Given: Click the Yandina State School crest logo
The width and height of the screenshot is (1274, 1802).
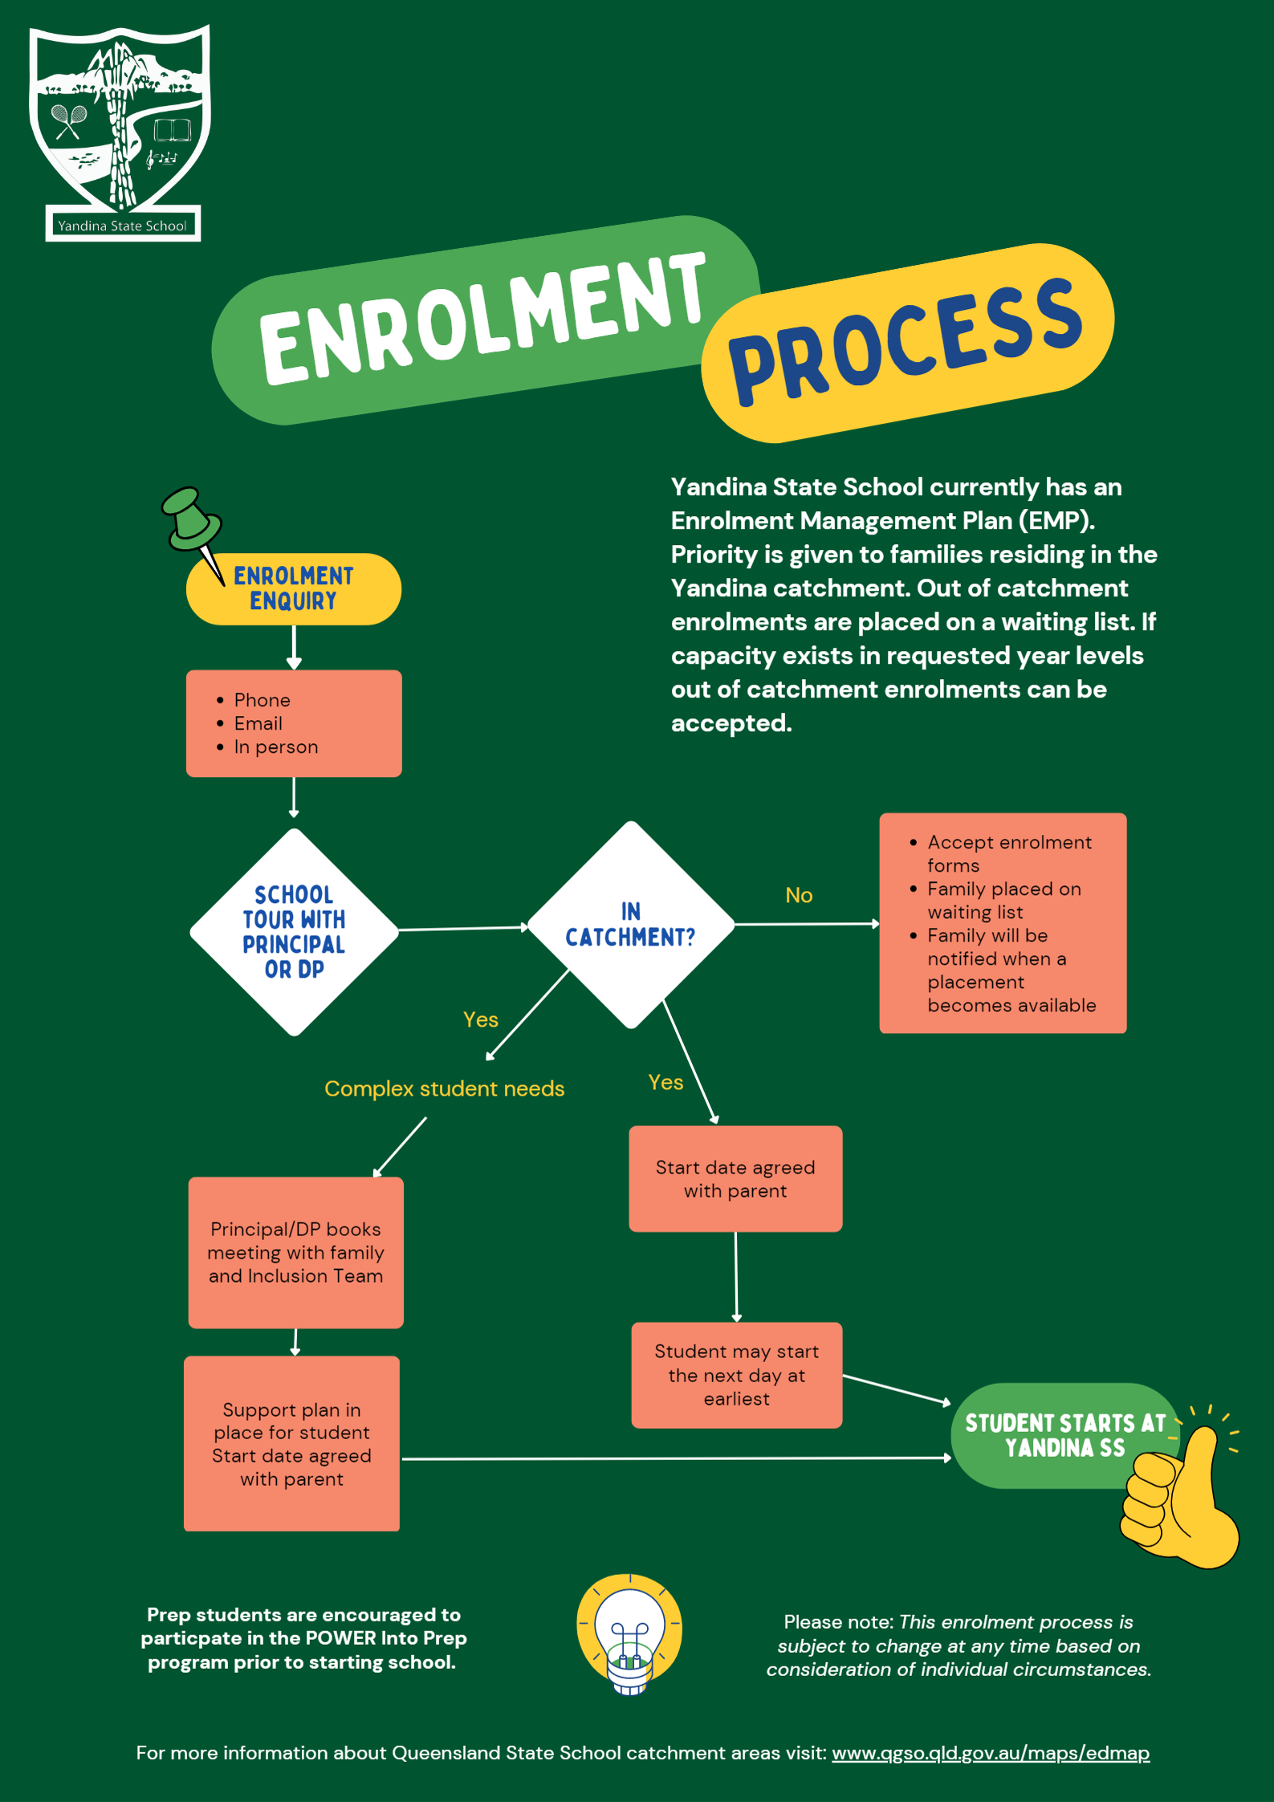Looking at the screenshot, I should click(x=120, y=132).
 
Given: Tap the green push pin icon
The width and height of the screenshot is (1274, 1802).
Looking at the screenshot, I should click(x=190, y=522).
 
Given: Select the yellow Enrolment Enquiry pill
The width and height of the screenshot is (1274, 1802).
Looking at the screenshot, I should click(x=294, y=588).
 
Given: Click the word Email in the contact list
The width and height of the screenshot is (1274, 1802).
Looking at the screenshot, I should click(x=258, y=723).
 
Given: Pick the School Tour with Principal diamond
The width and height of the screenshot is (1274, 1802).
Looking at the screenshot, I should click(x=294, y=931).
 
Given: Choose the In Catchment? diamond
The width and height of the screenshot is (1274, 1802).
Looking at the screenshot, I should click(x=631, y=925).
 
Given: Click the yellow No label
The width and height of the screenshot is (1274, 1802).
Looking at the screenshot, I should click(x=799, y=895).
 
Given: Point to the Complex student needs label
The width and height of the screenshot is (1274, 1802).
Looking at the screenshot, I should click(x=444, y=1088).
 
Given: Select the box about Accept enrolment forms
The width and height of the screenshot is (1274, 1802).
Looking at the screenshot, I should click(x=1003, y=923).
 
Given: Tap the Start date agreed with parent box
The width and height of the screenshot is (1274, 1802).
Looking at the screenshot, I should click(x=735, y=1178).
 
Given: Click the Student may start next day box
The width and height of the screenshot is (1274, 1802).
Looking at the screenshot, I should click(x=736, y=1374).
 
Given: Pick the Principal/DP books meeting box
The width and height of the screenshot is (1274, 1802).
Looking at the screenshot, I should click(x=295, y=1252).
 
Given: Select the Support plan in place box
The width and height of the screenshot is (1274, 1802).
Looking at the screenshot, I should click(x=291, y=1443).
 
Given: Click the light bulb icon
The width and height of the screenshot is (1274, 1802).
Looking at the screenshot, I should click(x=629, y=1633).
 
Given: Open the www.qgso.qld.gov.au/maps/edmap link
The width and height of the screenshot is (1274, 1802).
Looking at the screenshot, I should click(x=991, y=1752).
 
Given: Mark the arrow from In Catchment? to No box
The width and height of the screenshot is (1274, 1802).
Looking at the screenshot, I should click(x=807, y=924).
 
